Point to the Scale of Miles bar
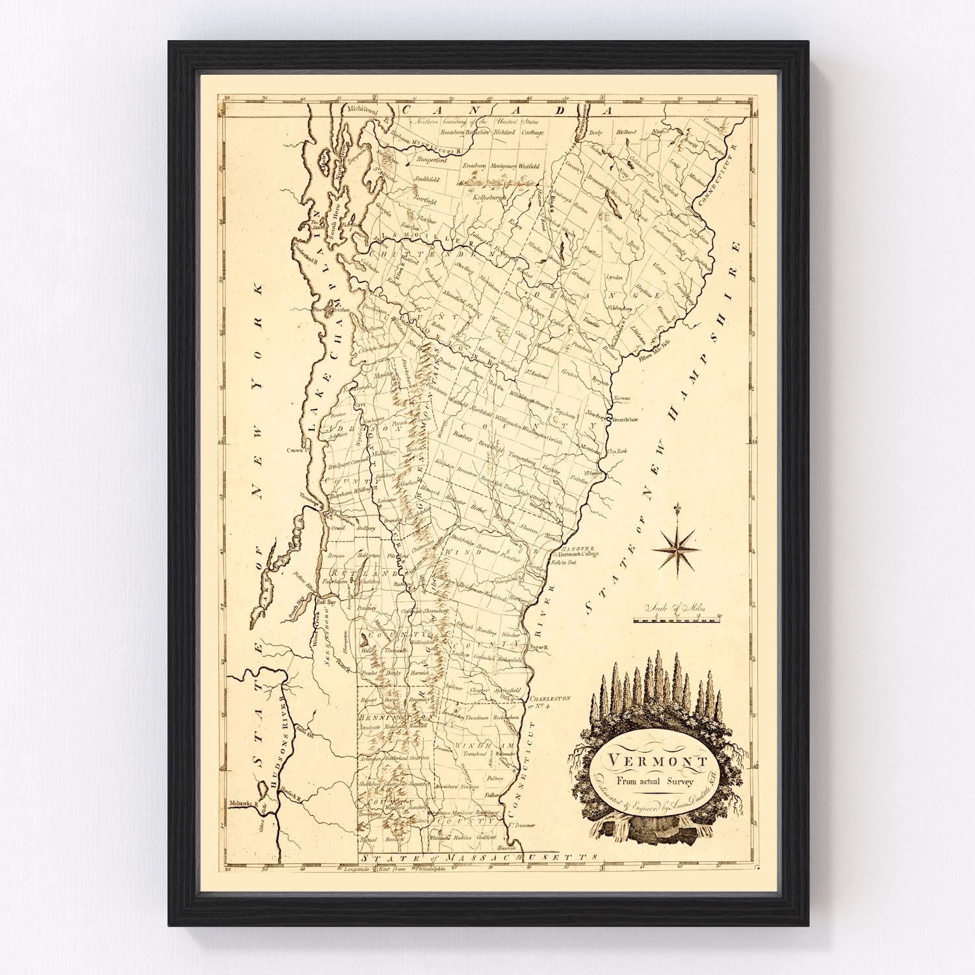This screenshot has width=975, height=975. tap(675, 620)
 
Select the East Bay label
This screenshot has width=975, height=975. tap(325, 603)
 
